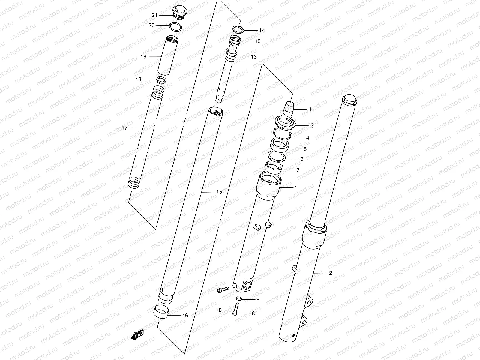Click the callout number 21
coord(154,15)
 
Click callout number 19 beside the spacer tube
coord(143,56)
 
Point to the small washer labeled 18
coord(162,80)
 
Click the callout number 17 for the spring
coord(124,128)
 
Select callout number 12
coord(258,41)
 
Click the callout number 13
coord(254,57)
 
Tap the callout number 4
coord(307,138)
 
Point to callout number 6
coord(302,159)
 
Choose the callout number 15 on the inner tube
coord(219,192)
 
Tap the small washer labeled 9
coord(239,298)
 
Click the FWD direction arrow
coord(138,334)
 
